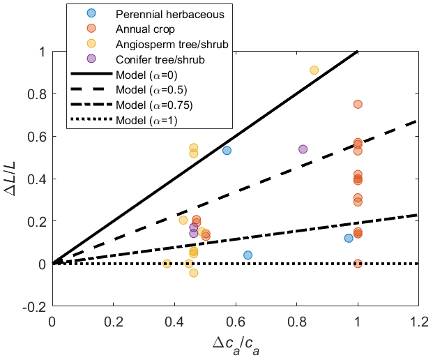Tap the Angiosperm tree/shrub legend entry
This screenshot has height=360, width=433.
click(x=171, y=44)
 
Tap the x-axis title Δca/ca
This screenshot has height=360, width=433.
click(x=235, y=343)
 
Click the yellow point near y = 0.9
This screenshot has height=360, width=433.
click(x=314, y=70)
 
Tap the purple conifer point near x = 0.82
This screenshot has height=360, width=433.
click(x=303, y=149)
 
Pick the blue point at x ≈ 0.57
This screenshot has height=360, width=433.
click(x=227, y=151)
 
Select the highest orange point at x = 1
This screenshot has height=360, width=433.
click(x=358, y=104)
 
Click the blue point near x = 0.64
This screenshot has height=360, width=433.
click(x=248, y=255)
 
